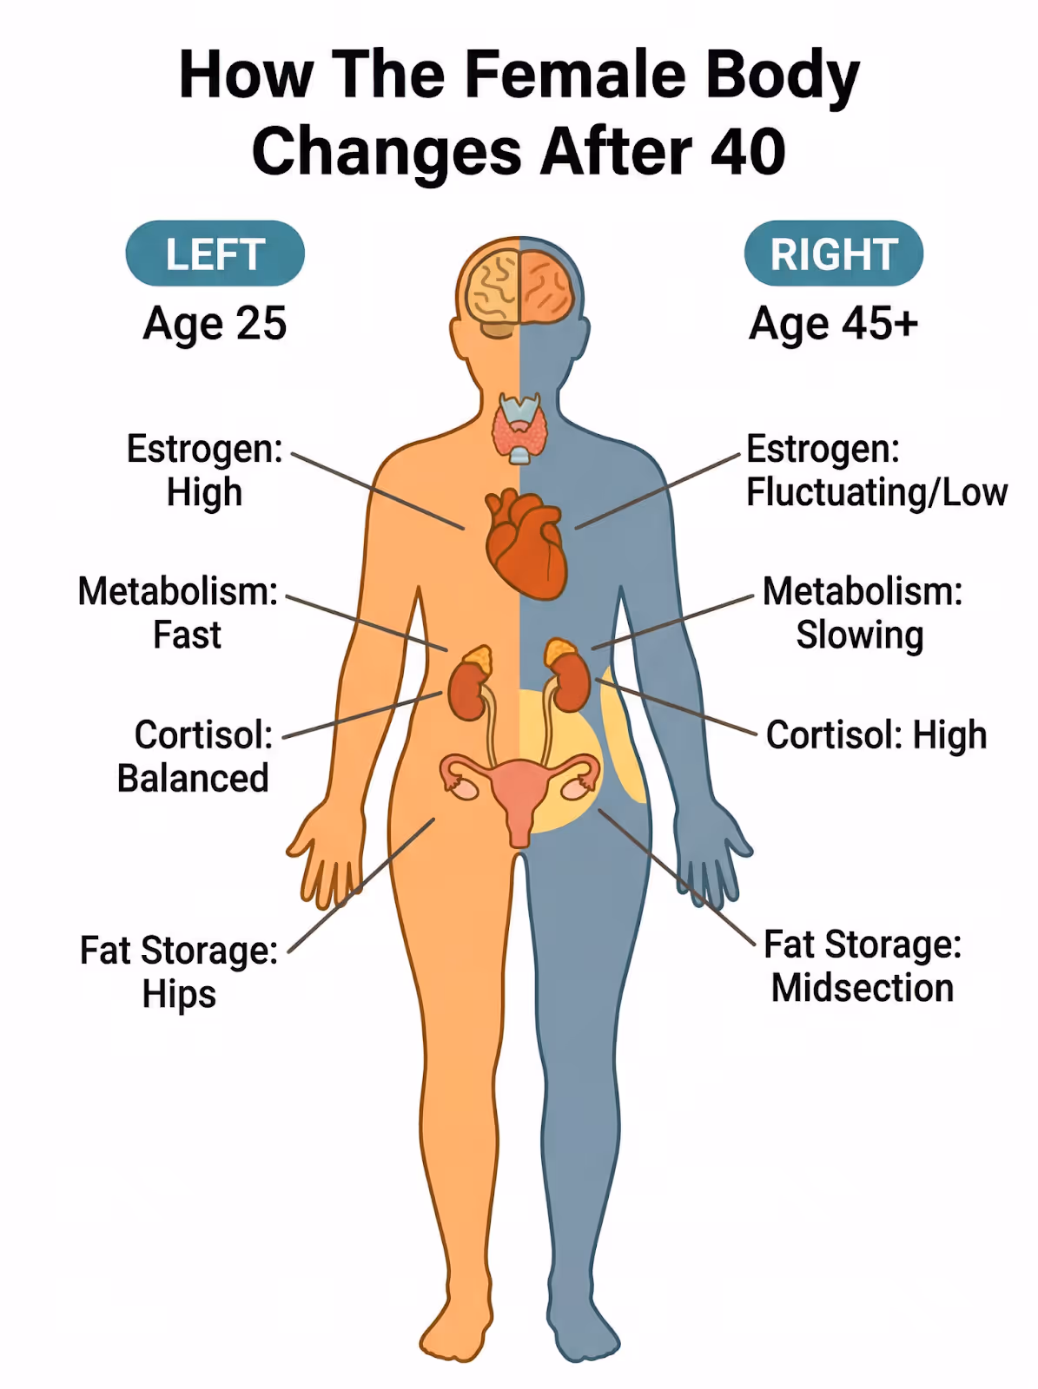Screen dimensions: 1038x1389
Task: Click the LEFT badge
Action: pos(215,253)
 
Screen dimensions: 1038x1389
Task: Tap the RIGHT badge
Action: pos(834,253)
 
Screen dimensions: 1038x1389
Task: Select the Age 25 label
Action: pos(215,324)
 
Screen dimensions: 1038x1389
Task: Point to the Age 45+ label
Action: pos(834,324)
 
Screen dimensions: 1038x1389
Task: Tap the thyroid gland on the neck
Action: pos(519,427)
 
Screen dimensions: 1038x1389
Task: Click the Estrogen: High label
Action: pos(204,471)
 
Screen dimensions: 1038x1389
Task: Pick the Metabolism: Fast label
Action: pos(178,613)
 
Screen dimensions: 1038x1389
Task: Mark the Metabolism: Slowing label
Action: pos(862,613)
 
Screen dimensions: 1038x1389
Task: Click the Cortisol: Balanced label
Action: pos(195,756)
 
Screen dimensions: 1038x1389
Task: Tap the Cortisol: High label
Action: pos(876,735)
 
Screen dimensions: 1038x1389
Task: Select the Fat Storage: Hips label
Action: pos(179,971)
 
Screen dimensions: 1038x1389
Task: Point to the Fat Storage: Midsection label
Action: pos(863,966)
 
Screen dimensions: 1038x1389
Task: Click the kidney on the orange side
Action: pos(468,683)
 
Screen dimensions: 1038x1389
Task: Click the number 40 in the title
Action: pos(748,152)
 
